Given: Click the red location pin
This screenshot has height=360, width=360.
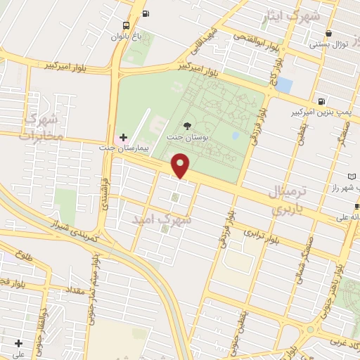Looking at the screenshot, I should [181, 165].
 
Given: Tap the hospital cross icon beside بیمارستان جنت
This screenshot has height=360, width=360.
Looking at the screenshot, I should [123, 136].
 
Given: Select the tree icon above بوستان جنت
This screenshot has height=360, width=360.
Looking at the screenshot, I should [186, 124].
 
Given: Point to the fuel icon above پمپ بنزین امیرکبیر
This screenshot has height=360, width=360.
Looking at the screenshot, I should [321, 101].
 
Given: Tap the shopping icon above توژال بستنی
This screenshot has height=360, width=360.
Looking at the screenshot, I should [329, 33].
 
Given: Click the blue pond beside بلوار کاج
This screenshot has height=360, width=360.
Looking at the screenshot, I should [284, 86].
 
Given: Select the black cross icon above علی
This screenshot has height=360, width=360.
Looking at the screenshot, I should [19, 344].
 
